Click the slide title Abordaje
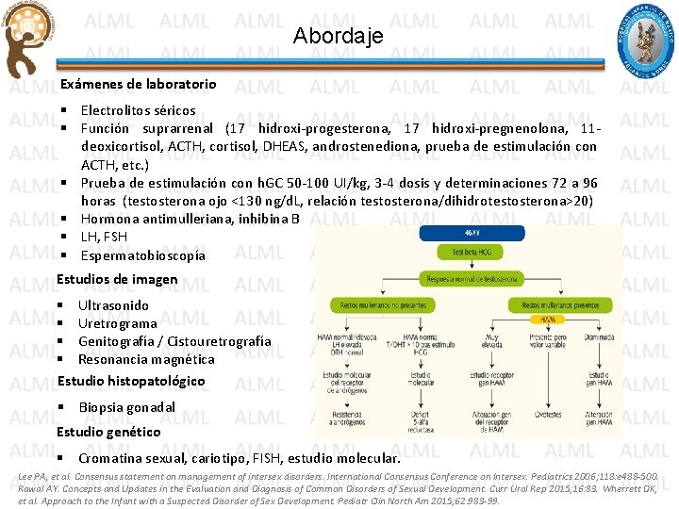click(339, 37)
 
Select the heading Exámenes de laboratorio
click(139, 84)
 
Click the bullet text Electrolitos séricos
click(138, 110)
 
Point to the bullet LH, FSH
click(104, 236)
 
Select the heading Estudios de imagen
click(117, 279)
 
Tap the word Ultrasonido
click(113, 305)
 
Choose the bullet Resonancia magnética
click(146, 359)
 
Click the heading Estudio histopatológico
click(131, 381)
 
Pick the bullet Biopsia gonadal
click(127, 407)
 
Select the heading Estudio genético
click(108, 432)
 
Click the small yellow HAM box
click(548, 320)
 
